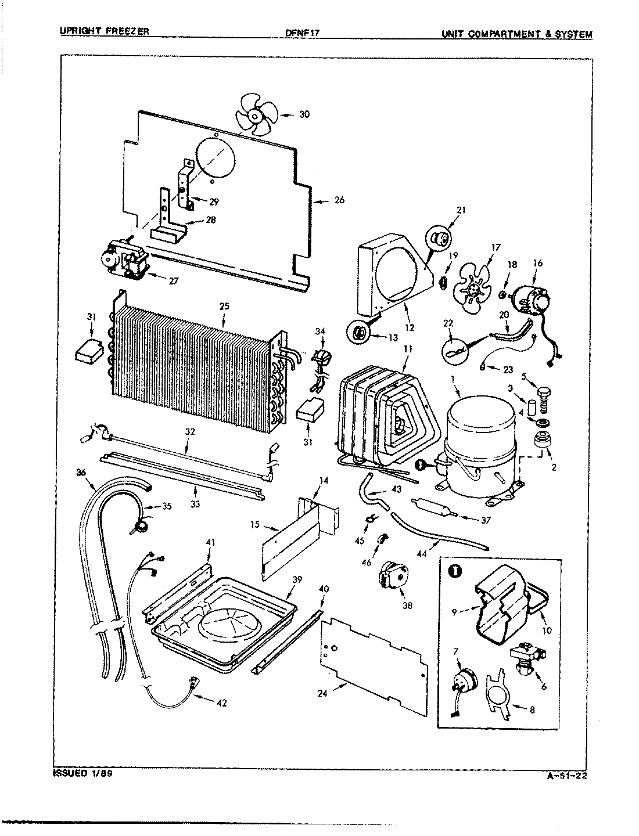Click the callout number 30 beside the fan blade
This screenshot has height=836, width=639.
tap(304, 114)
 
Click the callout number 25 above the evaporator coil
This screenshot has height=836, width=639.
tap(224, 321)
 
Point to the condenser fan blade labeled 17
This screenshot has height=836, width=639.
tap(473, 286)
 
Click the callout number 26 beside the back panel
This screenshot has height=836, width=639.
tap(339, 200)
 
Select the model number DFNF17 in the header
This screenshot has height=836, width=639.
tap(303, 34)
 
